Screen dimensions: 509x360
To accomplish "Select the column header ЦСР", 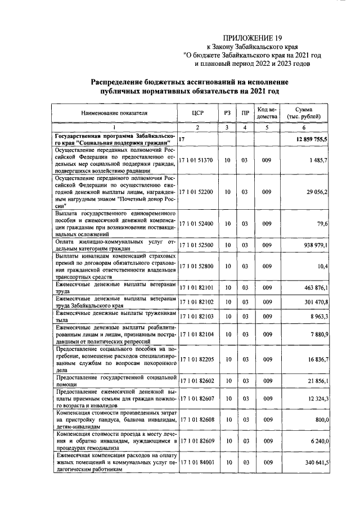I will coord(197,113).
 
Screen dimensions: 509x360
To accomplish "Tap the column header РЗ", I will coord(227,113).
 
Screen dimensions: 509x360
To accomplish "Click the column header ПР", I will coord(245,113).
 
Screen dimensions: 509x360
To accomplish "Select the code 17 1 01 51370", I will coord(196,160).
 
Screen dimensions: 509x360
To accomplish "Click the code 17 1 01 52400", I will coord(196,223).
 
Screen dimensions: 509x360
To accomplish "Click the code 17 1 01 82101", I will coord(196,287).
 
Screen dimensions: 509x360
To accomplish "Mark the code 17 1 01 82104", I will coord(196,334).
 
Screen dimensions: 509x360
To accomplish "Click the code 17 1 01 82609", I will coord(196,441).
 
